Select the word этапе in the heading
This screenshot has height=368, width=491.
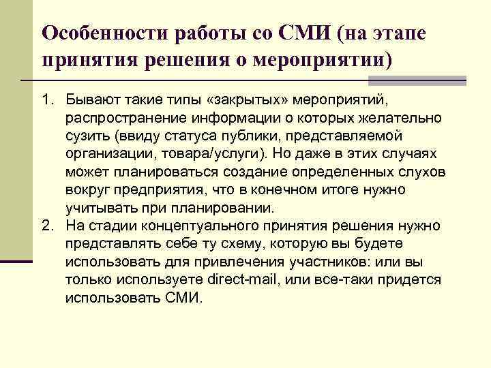(x=405, y=33)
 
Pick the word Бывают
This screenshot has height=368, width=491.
(x=91, y=102)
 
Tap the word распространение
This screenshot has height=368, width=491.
(x=117, y=119)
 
